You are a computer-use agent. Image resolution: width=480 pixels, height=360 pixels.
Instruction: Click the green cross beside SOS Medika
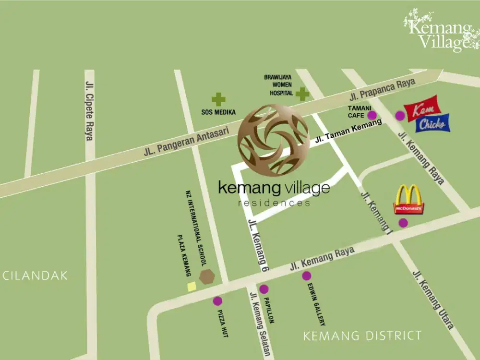[x=218, y=99]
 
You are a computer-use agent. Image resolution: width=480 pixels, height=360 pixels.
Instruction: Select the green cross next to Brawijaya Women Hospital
[x=302, y=94]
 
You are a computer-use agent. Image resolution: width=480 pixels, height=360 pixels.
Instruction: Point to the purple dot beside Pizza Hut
[x=217, y=301]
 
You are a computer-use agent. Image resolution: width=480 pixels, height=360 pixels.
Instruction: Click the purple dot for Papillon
[x=264, y=289]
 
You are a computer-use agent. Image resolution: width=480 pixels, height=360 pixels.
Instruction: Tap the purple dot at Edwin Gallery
[x=306, y=276]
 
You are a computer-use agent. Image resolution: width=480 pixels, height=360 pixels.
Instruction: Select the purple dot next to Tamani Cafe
[x=372, y=115]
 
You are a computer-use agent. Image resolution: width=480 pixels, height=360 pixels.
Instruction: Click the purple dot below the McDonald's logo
[x=403, y=223]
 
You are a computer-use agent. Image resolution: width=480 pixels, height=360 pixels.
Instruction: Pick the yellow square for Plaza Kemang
[x=192, y=287]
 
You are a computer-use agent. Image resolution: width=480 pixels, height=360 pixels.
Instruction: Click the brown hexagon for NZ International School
[x=207, y=276]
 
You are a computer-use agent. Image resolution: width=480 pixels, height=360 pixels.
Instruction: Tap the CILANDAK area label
[x=35, y=276]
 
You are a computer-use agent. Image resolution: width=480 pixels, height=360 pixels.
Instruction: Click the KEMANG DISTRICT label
[x=362, y=336]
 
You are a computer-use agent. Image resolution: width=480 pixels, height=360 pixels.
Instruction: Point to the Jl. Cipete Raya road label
[x=89, y=110]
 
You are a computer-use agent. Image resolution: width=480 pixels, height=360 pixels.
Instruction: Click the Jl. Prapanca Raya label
[x=383, y=90]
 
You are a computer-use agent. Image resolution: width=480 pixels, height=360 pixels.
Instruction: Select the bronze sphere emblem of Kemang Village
[x=273, y=140]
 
